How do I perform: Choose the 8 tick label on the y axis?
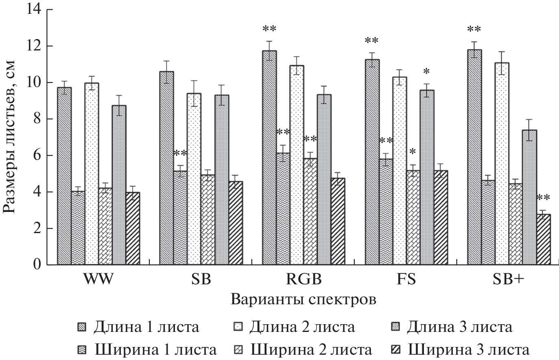[x=38, y=119]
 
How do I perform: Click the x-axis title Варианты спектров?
[x=303, y=300]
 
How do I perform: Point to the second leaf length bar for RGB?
[x=297, y=165]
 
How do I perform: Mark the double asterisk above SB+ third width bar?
[x=543, y=198]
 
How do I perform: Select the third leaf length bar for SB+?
[x=529, y=197]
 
